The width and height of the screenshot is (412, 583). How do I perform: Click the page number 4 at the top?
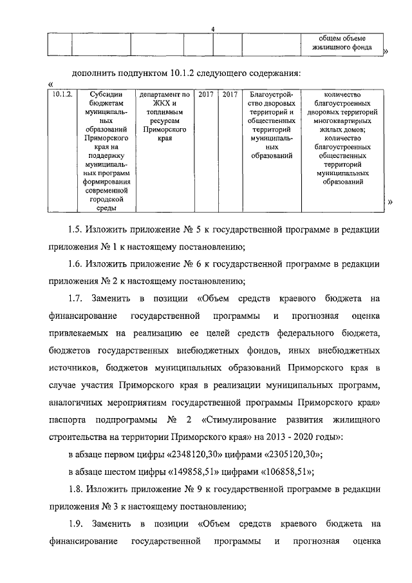pyautogui.click(x=213, y=28)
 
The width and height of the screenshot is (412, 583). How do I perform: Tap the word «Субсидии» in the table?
pyautogui.click(x=103, y=94)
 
